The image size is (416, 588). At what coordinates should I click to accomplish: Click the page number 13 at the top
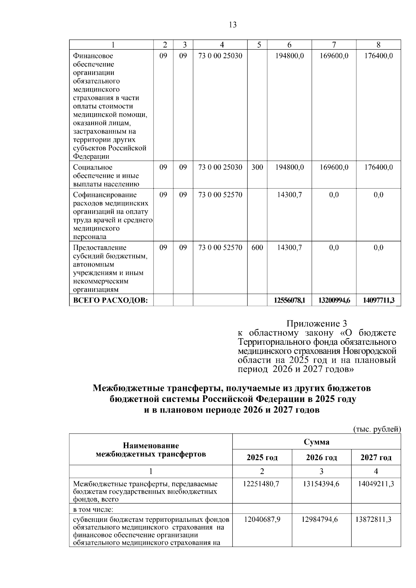233,25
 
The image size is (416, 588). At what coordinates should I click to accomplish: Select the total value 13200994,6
334,300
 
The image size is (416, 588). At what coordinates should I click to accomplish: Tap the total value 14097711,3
379,300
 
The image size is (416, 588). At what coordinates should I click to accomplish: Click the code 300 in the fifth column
257,167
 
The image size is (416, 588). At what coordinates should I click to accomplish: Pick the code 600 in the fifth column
257,248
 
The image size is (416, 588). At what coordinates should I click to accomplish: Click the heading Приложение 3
316,324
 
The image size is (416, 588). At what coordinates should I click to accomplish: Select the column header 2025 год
262,457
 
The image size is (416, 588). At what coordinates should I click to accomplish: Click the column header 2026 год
321,457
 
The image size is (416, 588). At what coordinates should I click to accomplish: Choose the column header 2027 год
376,457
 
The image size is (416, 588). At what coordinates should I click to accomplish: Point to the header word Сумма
317,442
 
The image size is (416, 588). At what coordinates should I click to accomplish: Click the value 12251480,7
262,484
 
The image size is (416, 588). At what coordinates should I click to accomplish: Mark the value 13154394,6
321,484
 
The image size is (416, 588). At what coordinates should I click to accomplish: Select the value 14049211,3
376,484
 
